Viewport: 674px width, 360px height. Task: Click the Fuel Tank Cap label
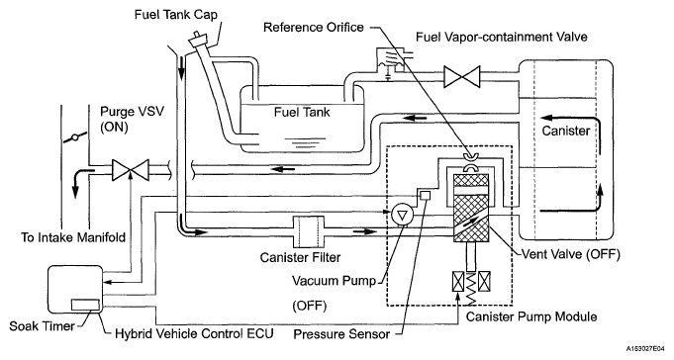176,14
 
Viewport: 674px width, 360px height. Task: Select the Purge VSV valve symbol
131,170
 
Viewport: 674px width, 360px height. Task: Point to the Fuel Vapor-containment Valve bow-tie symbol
461,77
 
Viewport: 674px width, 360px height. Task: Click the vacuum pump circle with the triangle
403,214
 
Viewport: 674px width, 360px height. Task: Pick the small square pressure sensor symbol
425,195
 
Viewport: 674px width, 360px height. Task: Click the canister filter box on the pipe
309,231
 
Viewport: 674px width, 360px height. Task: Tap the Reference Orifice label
314,28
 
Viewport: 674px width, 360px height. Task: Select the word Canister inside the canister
565,131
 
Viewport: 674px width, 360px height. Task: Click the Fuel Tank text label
302,113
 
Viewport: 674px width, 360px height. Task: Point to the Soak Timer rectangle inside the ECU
85,304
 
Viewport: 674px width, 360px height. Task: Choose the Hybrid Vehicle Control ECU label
194,334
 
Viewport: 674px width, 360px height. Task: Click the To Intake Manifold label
73,237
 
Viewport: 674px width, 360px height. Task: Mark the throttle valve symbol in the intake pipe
75,138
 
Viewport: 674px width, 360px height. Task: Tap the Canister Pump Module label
531,317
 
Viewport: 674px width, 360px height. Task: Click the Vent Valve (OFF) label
571,254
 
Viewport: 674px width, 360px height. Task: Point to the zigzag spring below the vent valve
471,286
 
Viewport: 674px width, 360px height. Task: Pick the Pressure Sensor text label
341,334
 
